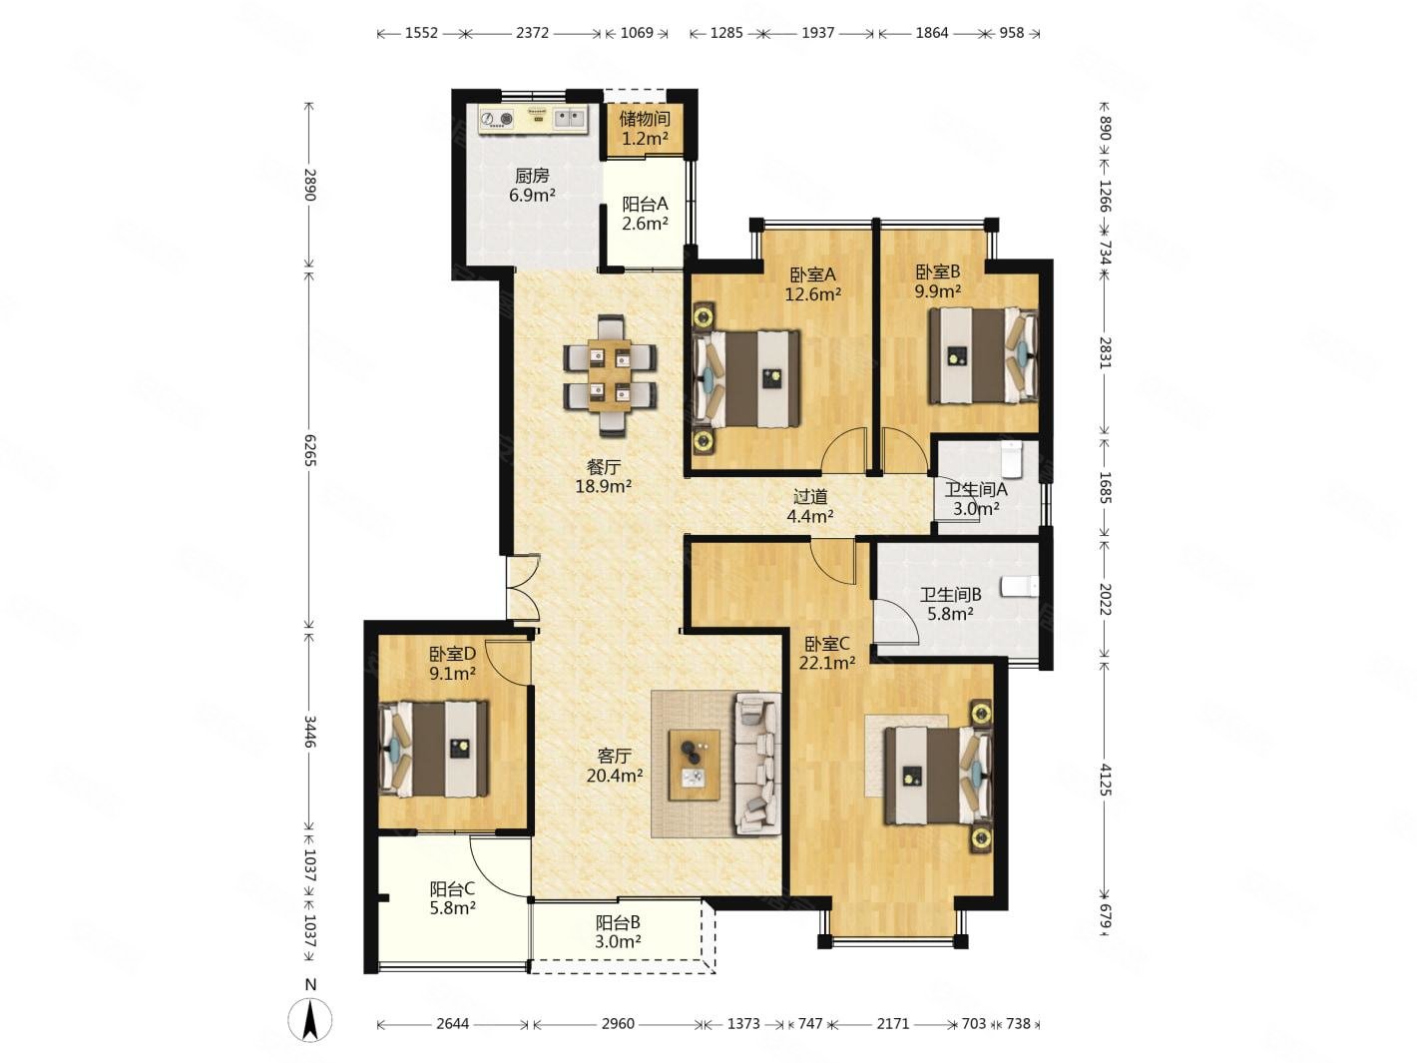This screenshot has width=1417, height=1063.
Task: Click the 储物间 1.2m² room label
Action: (x=645, y=128)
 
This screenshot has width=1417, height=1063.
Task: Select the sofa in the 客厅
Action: (x=757, y=765)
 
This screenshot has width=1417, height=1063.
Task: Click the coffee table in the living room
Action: (x=695, y=765)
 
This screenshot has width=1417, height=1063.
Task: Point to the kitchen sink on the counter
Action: (x=118, y=118)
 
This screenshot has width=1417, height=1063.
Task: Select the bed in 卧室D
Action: (x=433, y=750)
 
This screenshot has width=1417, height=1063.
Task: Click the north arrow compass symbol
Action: (x=310, y=1020)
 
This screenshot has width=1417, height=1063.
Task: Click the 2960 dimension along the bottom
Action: (x=618, y=1024)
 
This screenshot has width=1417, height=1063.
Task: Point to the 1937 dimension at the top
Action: (x=818, y=33)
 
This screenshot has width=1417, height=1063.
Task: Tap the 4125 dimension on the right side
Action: (x=1106, y=779)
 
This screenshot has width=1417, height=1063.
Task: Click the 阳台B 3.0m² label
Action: (x=618, y=932)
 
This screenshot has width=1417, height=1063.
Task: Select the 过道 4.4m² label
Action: (x=809, y=506)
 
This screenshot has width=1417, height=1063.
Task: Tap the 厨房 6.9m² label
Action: (x=532, y=185)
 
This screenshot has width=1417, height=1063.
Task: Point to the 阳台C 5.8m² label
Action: (x=452, y=898)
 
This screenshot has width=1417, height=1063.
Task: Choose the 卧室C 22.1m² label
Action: (x=827, y=653)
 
